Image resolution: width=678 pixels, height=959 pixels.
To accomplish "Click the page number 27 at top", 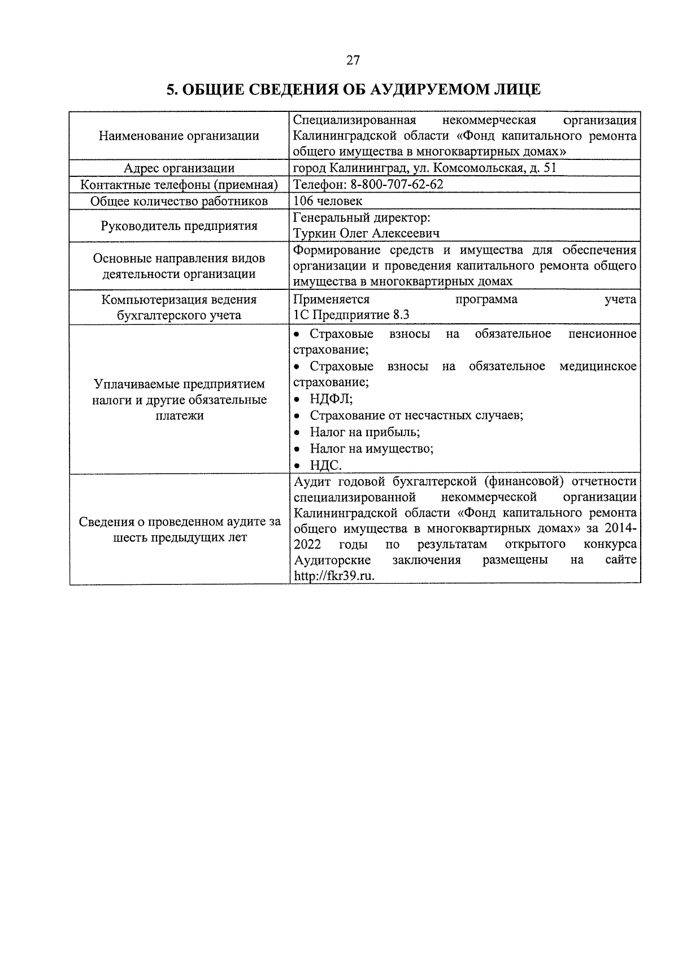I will [x=353, y=60].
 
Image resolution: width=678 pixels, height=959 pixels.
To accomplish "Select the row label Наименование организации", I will [x=179, y=136].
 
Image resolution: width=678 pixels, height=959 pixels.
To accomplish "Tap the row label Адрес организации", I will [x=179, y=168].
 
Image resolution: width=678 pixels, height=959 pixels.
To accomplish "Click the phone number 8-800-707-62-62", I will [x=397, y=185].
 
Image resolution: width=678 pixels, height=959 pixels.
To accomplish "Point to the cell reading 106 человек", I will [x=328, y=201].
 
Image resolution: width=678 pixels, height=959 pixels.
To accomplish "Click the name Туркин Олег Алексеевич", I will [x=367, y=233].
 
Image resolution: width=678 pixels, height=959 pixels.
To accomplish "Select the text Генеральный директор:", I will [x=362, y=218].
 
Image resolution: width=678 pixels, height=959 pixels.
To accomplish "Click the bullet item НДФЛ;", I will [x=331, y=399].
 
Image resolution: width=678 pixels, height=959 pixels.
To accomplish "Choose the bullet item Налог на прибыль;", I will [x=364, y=432].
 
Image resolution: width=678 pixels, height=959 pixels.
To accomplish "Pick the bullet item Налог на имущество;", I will [x=371, y=449].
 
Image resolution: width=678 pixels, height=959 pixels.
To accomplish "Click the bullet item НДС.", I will [x=325, y=465].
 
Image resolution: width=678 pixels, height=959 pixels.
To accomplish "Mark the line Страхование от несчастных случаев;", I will [x=416, y=415].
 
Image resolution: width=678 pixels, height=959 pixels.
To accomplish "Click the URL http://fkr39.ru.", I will [x=334, y=576].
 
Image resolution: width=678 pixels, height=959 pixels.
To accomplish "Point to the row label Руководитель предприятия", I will [x=179, y=226].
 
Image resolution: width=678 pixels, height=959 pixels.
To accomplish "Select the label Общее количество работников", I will [x=179, y=201].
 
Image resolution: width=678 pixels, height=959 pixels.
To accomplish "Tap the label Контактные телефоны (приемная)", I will [x=179, y=185].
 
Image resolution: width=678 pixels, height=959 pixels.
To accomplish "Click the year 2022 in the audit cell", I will [x=308, y=544].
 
